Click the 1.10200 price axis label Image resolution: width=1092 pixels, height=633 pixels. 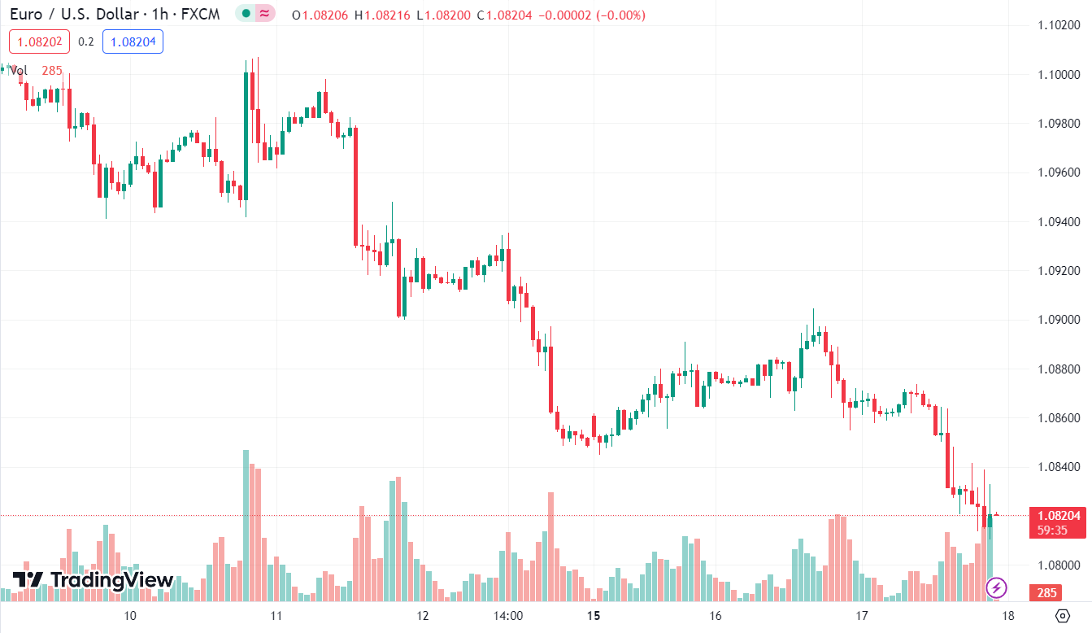[1059, 25]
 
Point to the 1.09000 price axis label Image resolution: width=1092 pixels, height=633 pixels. [1059, 319]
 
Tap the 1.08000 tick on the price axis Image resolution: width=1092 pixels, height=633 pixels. [1059, 565]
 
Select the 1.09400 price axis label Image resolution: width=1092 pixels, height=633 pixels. [1059, 221]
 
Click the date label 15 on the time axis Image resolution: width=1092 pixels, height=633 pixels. [594, 615]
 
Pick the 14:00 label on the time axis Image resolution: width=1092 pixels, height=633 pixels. [507, 615]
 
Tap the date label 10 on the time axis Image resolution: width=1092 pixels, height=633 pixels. [130, 615]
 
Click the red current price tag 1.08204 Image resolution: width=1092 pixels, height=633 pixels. [1058, 515]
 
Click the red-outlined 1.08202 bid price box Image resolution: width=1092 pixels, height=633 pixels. [38, 41]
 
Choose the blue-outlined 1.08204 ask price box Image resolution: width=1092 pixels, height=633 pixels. [133, 41]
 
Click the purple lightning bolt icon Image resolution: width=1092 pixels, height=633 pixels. [997, 587]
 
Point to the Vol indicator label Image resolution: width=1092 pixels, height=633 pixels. [19, 71]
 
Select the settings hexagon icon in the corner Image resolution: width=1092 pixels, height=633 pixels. [1062, 615]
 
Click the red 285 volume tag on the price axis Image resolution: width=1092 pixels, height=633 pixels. [1047, 593]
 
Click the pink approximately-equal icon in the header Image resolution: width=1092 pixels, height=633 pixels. [264, 14]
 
